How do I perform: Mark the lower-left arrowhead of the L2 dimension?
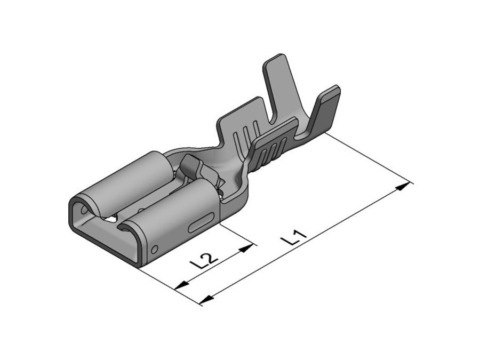[x=181, y=285]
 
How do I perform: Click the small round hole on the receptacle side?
[x=155, y=249]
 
